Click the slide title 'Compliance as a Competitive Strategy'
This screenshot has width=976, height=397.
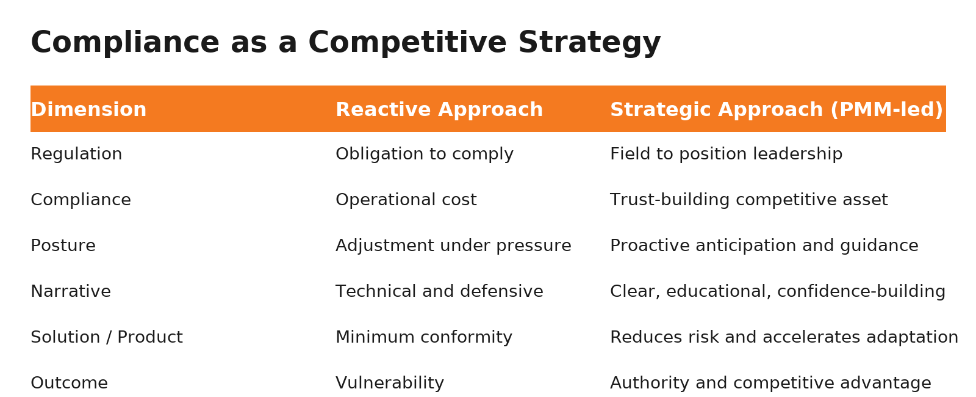[x=345, y=43]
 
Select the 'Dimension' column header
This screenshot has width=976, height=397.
[x=88, y=110]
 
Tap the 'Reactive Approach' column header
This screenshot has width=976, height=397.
[x=439, y=110]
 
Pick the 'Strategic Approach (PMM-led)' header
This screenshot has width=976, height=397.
[x=776, y=110]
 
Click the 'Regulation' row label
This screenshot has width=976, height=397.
[x=76, y=155]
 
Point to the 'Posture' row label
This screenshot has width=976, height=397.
[x=63, y=246]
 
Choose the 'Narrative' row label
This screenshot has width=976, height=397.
[x=71, y=292]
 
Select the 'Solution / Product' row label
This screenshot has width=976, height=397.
[x=106, y=338]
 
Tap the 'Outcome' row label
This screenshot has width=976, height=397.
[x=69, y=384]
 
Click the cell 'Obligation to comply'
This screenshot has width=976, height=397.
[x=424, y=155]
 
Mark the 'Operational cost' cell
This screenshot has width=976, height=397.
[x=406, y=200]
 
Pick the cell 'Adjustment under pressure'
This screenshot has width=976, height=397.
[x=453, y=246]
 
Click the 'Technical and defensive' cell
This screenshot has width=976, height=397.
[x=439, y=292]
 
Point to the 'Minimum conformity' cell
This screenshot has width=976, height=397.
[x=423, y=338]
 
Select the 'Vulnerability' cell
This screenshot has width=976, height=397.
[x=389, y=384]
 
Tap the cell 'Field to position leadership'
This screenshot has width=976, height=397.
[x=726, y=155]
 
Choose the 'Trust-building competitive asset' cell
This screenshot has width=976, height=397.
[x=748, y=200]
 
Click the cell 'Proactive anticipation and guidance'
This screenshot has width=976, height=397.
[x=764, y=246]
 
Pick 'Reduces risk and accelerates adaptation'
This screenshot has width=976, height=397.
[x=784, y=338]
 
